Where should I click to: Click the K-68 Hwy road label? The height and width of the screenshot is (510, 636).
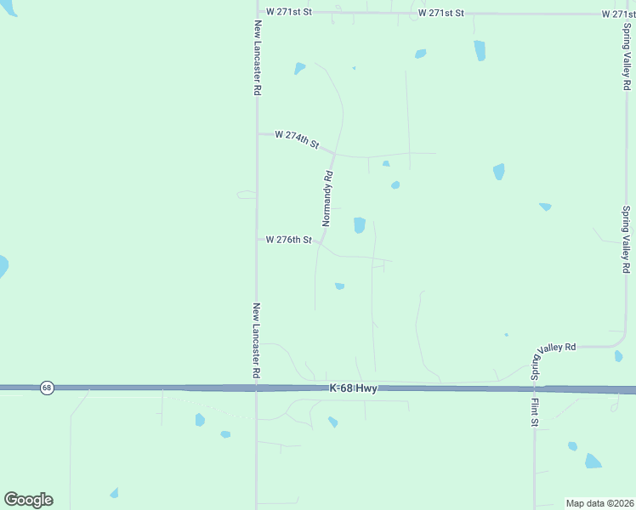[x=353, y=388]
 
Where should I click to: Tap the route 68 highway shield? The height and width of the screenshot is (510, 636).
[x=47, y=388]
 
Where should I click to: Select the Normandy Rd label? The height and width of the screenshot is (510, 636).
[x=327, y=198]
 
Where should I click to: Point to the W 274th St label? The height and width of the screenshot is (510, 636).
[x=296, y=139]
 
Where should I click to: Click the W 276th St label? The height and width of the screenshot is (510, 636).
[x=289, y=240]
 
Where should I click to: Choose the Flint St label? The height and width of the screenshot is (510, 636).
[x=535, y=410]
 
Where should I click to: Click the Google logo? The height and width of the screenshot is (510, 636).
[x=28, y=500]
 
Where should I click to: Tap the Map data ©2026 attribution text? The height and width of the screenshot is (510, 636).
[x=599, y=503]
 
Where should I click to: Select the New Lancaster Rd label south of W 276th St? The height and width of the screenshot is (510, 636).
[x=257, y=340]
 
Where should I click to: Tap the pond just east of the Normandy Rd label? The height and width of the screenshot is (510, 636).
[x=360, y=225]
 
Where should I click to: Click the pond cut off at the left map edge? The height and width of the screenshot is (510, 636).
[x=3, y=267]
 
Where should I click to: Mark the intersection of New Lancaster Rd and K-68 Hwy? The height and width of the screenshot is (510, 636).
[x=257, y=388]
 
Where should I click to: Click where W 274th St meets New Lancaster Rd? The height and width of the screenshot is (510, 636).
[x=257, y=133]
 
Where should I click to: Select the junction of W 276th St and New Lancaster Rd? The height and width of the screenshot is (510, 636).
[x=257, y=240]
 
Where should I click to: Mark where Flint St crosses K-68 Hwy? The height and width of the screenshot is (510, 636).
[x=535, y=388]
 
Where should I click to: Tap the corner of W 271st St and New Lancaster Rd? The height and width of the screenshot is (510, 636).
[x=257, y=13]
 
